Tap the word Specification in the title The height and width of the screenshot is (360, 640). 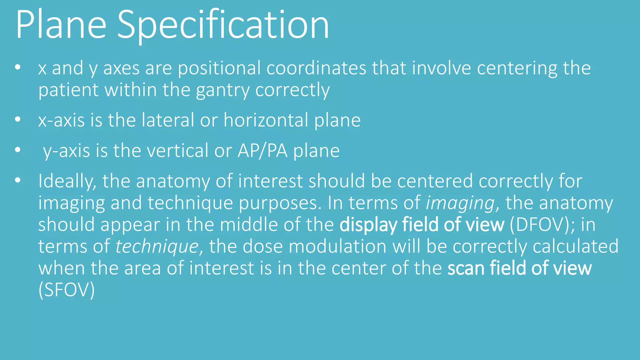click(223, 25)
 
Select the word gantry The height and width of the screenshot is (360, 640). click(222, 90)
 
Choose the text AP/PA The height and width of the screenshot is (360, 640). click(262, 151)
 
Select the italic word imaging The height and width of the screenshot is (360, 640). click(460, 203)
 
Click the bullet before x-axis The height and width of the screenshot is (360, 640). click(17, 119)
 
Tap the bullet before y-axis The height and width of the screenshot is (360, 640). click(17, 150)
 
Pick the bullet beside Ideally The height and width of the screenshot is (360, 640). click(17, 180)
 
